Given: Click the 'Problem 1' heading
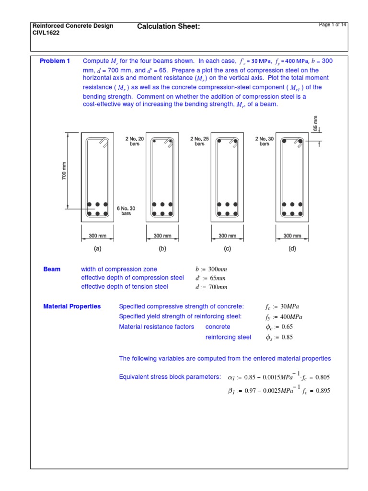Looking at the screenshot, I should pos(55,61).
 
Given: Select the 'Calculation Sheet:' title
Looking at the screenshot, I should pos(168,26).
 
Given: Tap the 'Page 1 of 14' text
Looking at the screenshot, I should pos(333,25).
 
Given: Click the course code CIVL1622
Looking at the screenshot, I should pos(46,34).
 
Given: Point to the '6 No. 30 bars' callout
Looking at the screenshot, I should pos(126,210).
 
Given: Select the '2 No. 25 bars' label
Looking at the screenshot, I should pos(199,141).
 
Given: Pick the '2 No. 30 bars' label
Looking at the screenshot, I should pos(264,141).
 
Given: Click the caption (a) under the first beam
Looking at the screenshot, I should pos(97,248).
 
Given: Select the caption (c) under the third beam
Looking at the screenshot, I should pos(227,248).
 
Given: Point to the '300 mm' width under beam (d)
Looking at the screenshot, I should pos(292,236).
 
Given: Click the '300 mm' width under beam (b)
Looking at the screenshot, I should pos(162,236).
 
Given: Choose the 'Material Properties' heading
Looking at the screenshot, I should pos(72,306).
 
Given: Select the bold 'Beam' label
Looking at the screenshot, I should pos(52,269).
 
